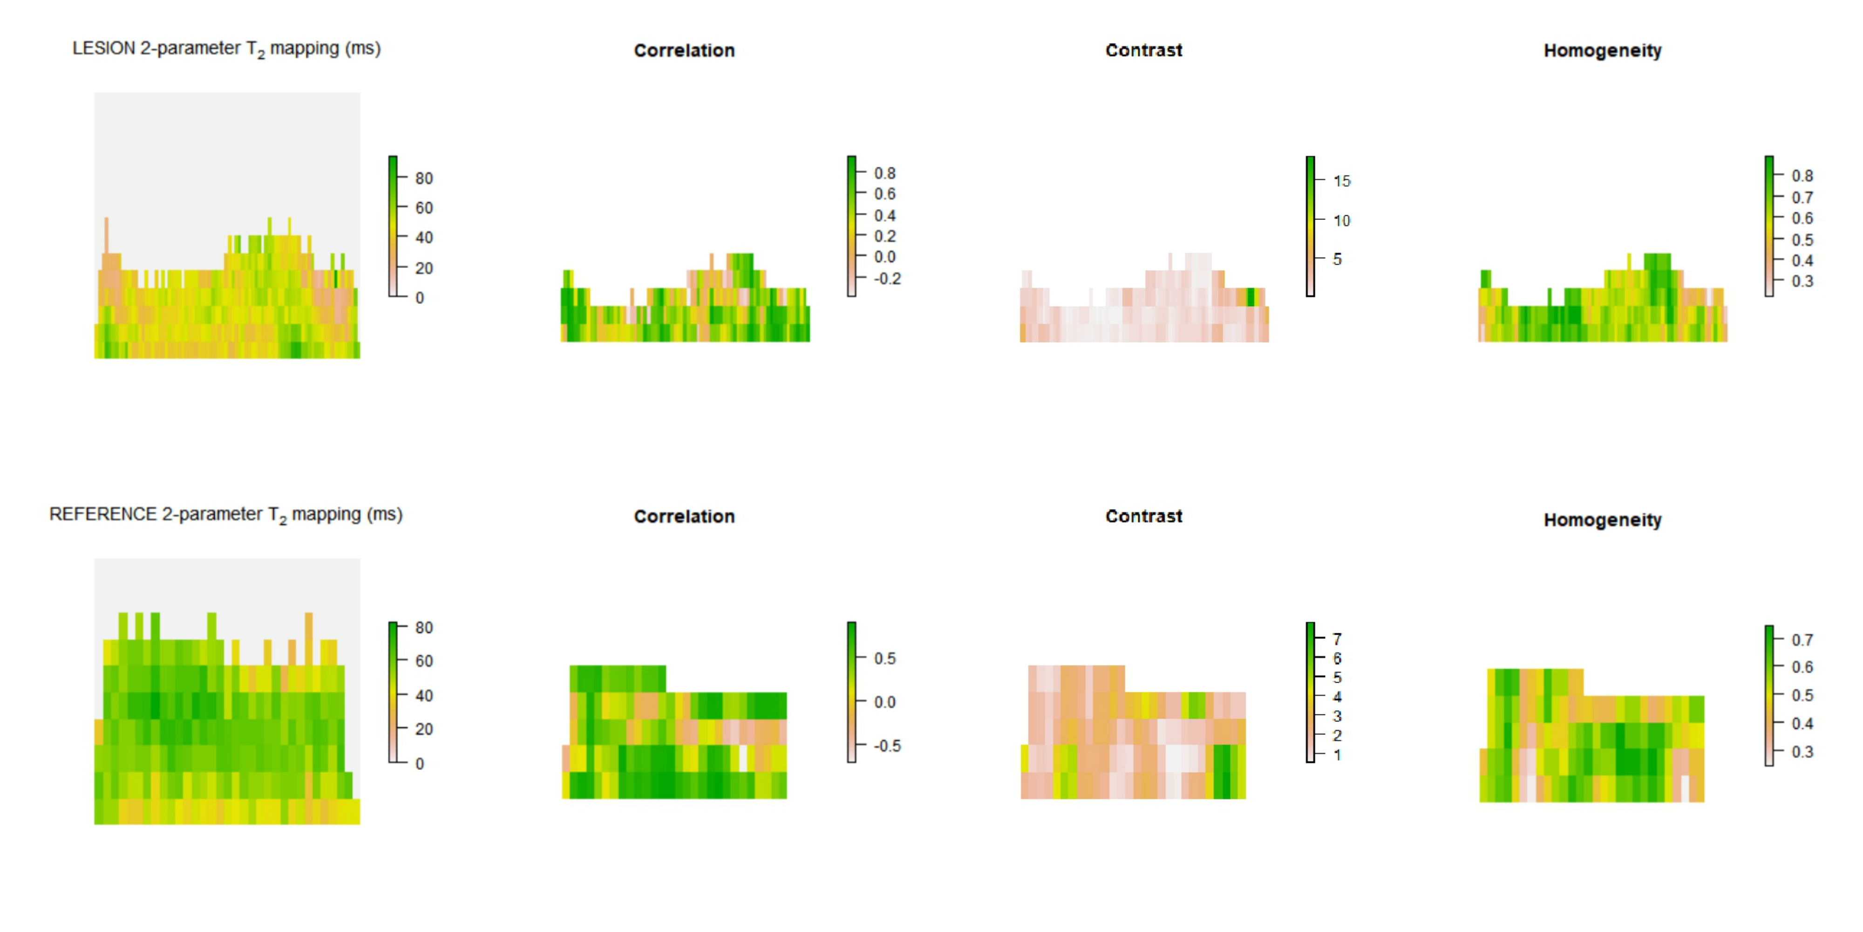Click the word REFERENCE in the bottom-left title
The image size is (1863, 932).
tap(102, 514)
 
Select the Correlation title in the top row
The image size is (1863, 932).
tap(684, 51)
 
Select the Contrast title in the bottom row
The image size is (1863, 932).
tap(1143, 517)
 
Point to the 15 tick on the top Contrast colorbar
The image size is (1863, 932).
tap(1341, 181)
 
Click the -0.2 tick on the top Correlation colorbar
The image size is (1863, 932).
tap(887, 279)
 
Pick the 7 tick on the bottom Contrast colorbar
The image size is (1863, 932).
tap(1337, 639)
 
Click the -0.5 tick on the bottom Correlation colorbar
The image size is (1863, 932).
tap(887, 746)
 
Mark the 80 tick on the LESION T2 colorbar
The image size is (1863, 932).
tap(424, 178)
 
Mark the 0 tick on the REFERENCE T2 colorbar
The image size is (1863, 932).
tap(420, 763)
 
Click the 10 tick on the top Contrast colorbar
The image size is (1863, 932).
tap(1341, 220)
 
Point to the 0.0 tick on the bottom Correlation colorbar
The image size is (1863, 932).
tap(884, 702)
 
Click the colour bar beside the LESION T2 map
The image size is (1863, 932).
tap(393, 226)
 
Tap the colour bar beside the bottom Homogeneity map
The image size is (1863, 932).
tap(1769, 695)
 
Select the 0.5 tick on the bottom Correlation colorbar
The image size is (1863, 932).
tap(884, 658)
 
